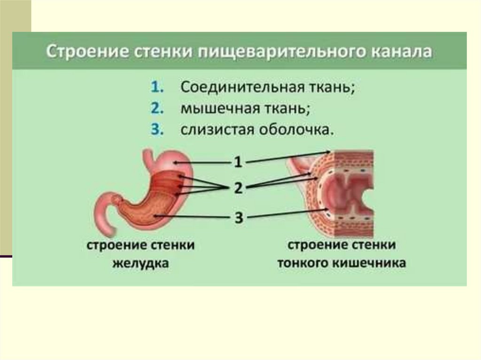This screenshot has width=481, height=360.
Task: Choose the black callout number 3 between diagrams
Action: click(x=239, y=217)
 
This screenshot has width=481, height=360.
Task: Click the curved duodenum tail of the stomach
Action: click(x=104, y=214)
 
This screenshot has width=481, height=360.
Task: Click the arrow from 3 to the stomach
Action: click(x=193, y=216)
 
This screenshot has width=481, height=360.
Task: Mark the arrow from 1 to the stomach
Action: click(x=202, y=162)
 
